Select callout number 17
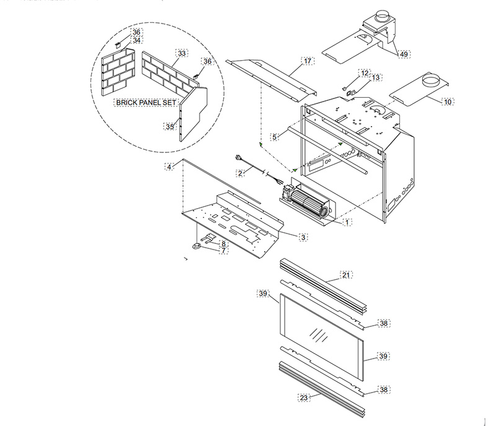(308, 61)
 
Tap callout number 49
(404, 54)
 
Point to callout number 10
(448, 101)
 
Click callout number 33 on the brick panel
(182, 54)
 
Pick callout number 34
(137, 40)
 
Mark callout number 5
(275, 136)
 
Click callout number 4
(169, 167)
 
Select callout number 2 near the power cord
(239, 173)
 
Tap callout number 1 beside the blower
(347, 221)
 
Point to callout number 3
(303, 237)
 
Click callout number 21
(347, 274)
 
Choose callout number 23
(303, 398)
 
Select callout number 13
(376, 78)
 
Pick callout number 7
(223, 251)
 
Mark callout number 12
(365, 73)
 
